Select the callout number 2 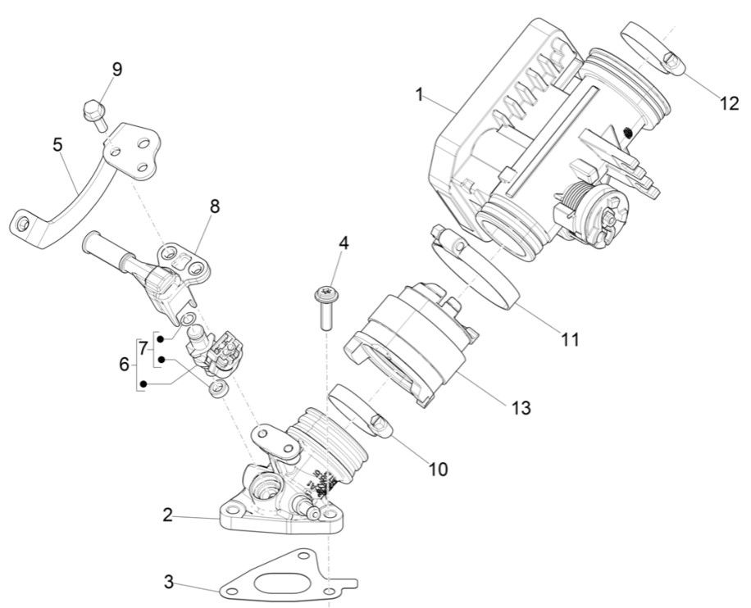[x=167, y=515]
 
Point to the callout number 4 [x=344, y=243]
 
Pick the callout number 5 [x=57, y=144]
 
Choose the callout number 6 [x=124, y=364]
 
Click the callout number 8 [x=214, y=206]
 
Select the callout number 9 [x=117, y=69]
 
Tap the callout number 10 [x=439, y=469]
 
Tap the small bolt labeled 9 [x=93, y=113]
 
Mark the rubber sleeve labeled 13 [x=410, y=336]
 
